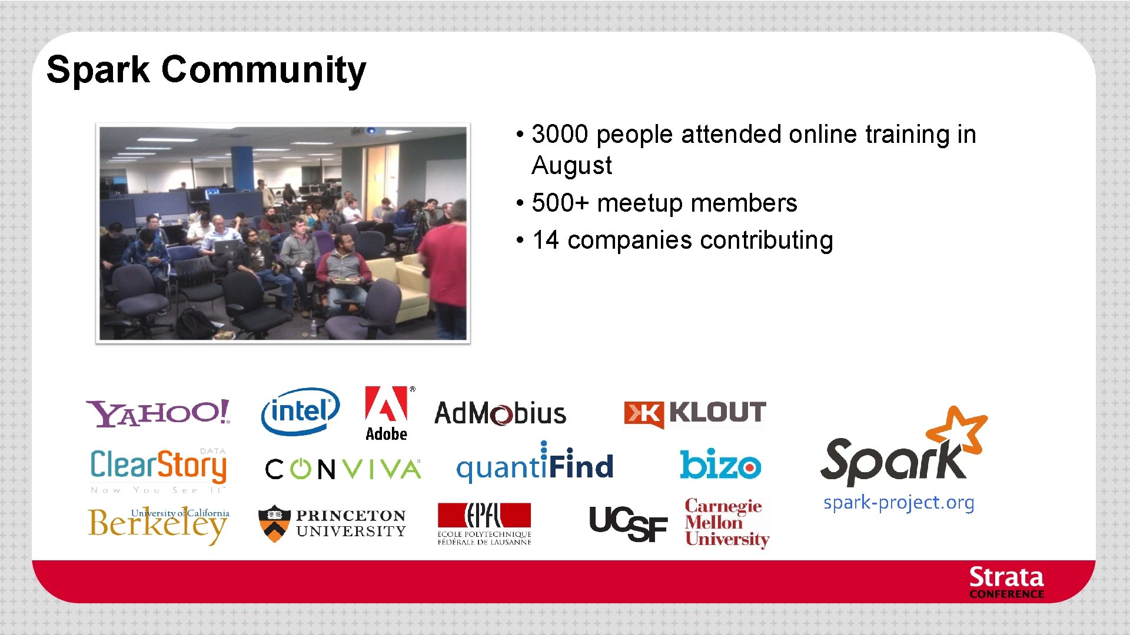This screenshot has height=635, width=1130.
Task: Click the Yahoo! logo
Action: [x=158, y=413]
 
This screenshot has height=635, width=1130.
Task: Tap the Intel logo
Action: [x=300, y=411]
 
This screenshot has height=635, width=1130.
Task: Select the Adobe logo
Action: [x=387, y=414]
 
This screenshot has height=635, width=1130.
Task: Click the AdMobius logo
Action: [x=500, y=413]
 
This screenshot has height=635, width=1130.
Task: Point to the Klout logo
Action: [x=695, y=413]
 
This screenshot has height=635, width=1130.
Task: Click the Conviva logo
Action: [x=343, y=469]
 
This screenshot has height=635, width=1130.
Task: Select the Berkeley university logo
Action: [x=158, y=524]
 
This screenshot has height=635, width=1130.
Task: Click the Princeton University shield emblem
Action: [x=274, y=523]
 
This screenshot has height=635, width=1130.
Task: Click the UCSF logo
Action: [x=628, y=524]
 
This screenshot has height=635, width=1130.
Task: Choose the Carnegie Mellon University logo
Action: [x=726, y=523]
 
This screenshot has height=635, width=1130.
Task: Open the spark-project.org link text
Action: [x=899, y=503]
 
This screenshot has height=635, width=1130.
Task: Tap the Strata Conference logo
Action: [x=1006, y=582]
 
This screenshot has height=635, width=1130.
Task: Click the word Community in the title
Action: [x=264, y=70]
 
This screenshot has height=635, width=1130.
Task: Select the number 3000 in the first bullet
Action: [x=560, y=135]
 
